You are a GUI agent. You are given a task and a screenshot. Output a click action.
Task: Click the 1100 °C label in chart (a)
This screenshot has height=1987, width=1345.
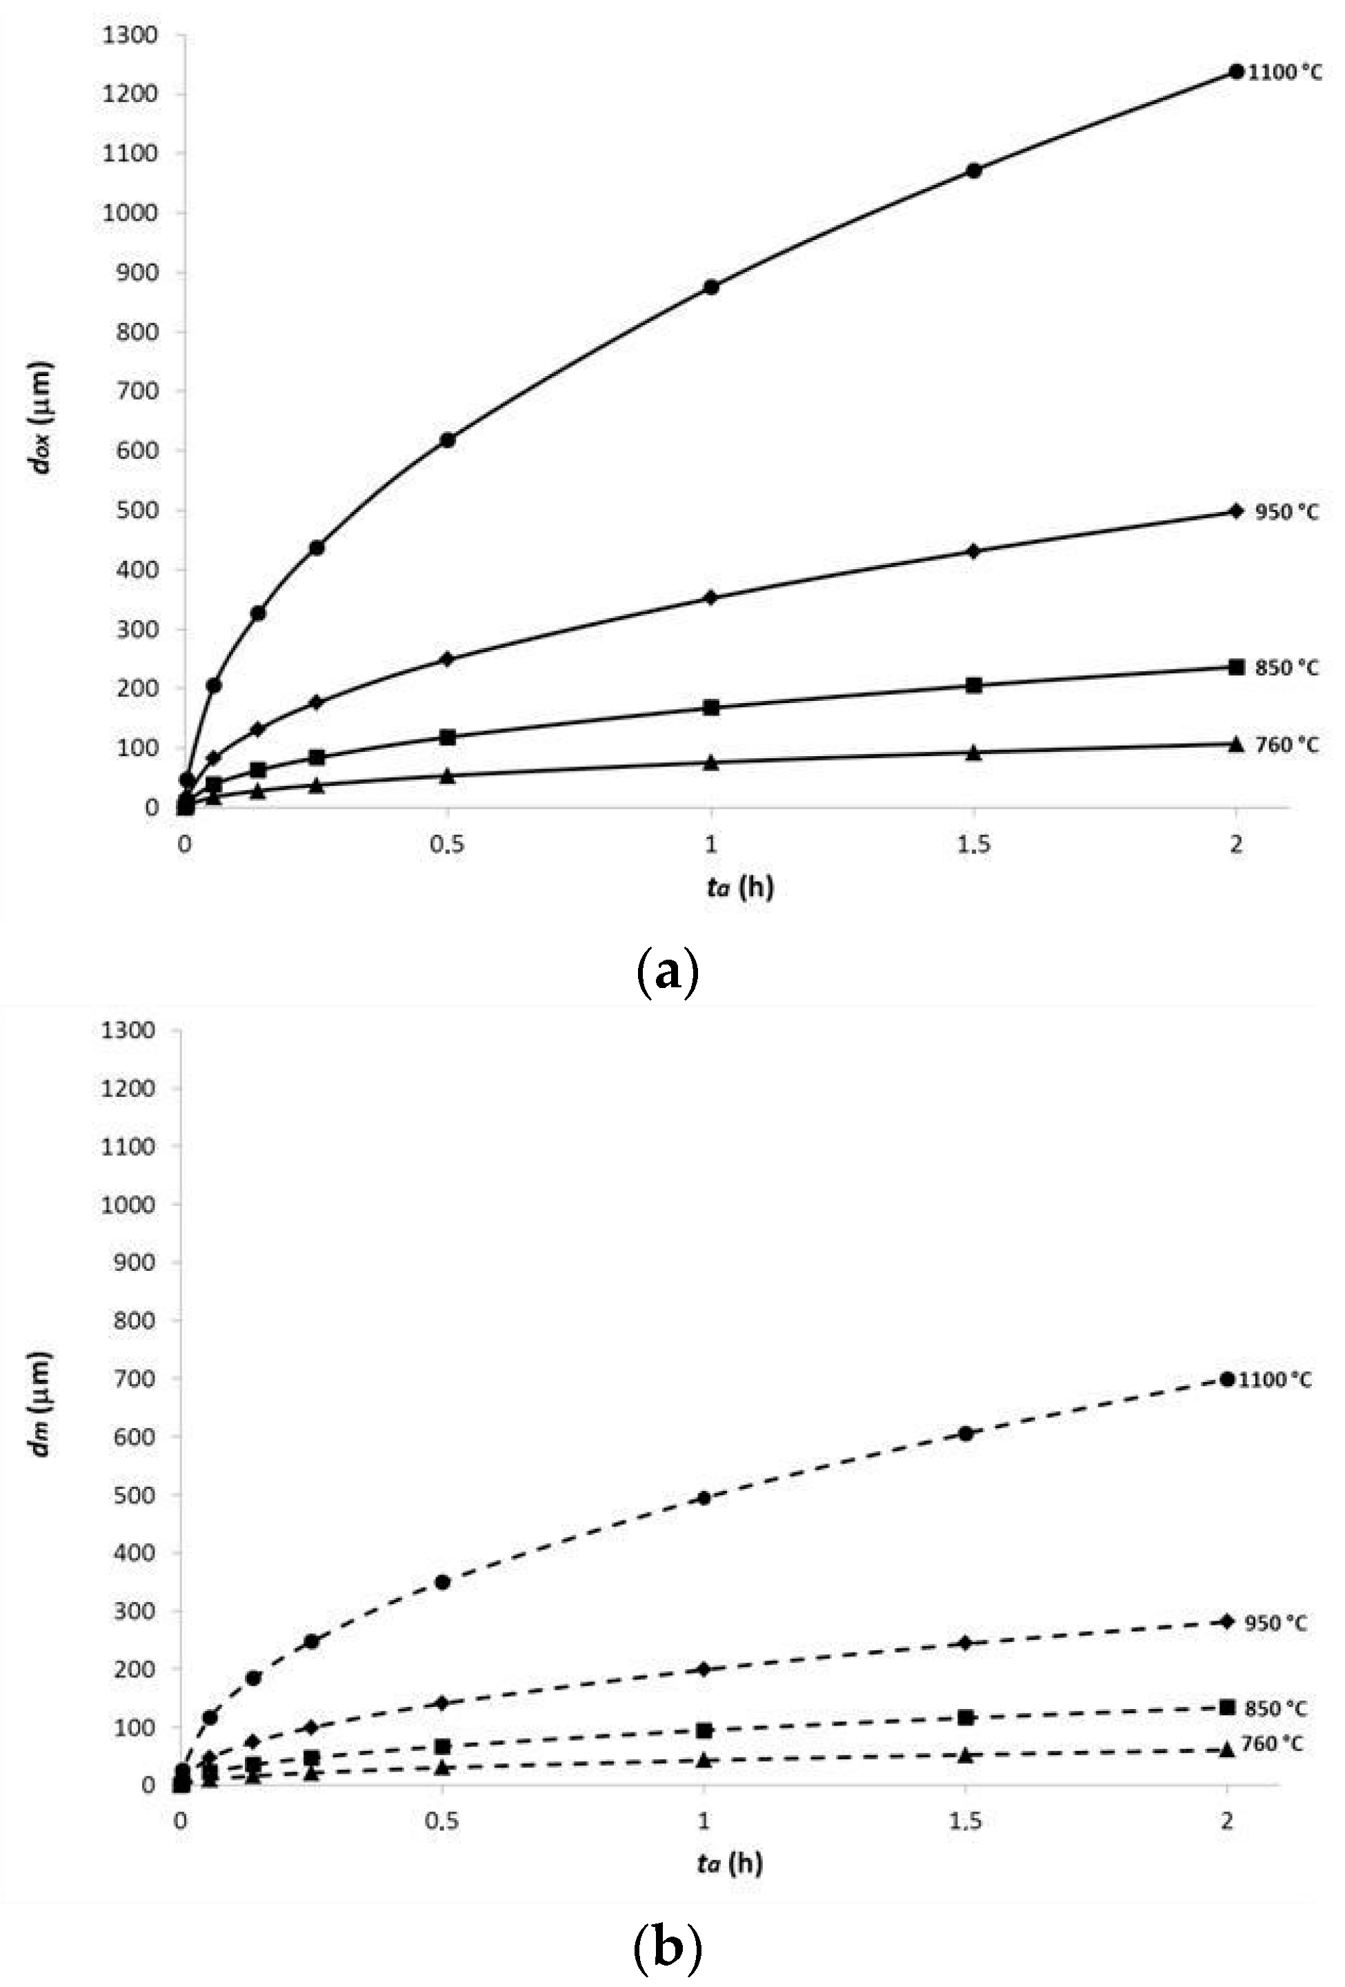[1284, 72]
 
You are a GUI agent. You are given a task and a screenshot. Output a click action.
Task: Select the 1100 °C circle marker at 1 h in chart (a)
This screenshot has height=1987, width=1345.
[711, 287]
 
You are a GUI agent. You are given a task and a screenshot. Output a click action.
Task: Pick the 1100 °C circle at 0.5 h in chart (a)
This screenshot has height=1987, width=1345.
[447, 440]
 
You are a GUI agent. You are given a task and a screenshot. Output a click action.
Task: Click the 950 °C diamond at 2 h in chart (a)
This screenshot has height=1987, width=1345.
[1235, 511]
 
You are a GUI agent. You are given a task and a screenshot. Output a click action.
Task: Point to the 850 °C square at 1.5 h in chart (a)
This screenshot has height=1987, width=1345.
[973, 685]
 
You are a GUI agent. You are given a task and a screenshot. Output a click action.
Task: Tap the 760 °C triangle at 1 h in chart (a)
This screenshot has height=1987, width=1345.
[711, 762]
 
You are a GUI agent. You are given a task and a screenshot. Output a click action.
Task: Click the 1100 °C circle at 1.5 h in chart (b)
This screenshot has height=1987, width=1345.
[966, 1434]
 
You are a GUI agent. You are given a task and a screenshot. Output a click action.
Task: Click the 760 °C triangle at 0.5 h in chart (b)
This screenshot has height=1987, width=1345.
[443, 1768]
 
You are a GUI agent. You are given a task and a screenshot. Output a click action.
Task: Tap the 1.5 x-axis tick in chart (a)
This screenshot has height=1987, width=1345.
[973, 844]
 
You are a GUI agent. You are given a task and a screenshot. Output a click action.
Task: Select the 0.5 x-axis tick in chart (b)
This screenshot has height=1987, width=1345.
[442, 1822]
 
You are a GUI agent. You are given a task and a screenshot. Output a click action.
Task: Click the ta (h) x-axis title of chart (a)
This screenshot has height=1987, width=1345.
[740, 887]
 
